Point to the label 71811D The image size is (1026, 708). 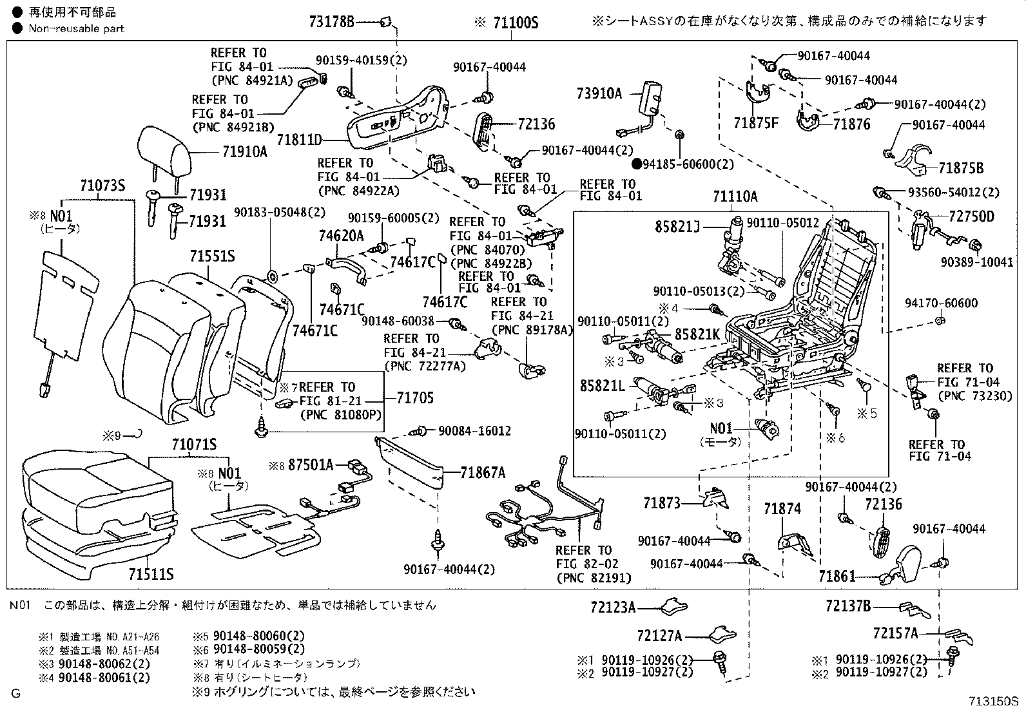pos(299,139)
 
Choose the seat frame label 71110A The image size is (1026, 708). pos(735,196)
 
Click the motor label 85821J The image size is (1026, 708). pos(678,227)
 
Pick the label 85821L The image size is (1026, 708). pos(602,386)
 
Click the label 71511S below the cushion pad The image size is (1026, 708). pos(150,574)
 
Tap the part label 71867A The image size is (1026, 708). pos(483,473)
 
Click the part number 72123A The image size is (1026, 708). pos(613,607)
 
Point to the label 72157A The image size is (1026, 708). pos(895,633)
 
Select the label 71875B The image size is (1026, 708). pos(961,168)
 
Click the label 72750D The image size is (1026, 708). pos(971,216)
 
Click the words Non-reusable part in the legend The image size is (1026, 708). pos(76,28)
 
